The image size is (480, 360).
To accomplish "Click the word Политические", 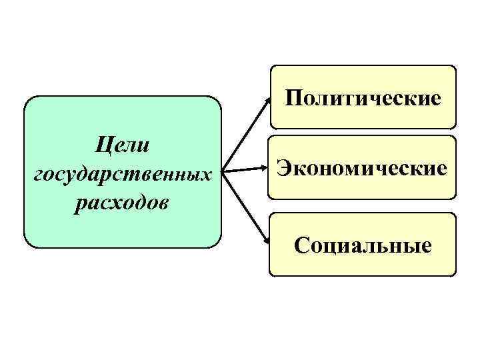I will click(363, 99).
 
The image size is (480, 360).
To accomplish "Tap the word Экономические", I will click(362, 167).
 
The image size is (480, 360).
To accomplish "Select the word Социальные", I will click(363, 246).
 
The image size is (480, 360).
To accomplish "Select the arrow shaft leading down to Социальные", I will click(245, 206).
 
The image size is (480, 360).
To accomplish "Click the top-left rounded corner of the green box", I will click(27, 100).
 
